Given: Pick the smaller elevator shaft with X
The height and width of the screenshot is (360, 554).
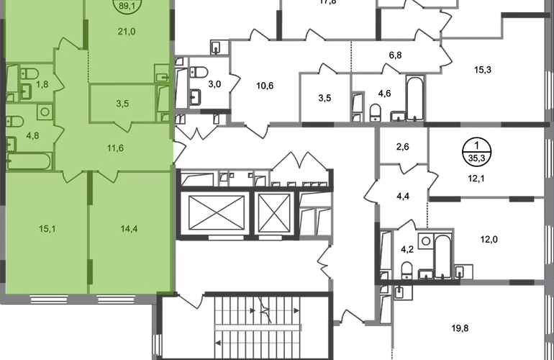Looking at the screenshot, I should coord(273,213).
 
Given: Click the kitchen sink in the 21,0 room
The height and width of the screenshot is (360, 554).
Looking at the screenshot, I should coord(161,71).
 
